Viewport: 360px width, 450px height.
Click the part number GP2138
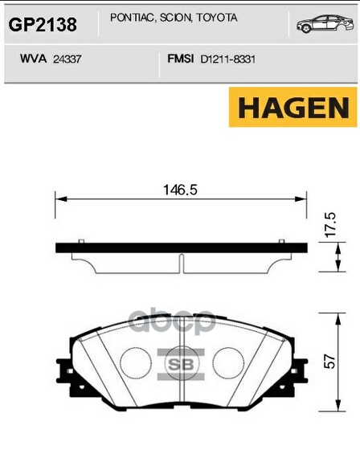point(43,25)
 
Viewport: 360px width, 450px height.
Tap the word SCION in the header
point(168,17)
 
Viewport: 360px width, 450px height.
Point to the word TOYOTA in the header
point(211,17)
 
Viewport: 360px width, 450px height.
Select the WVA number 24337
point(70,59)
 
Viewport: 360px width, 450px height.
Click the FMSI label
point(177,58)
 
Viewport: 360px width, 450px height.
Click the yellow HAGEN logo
point(292,107)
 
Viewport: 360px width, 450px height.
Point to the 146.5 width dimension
point(180,190)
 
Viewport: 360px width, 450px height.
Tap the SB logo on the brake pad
point(180,363)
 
